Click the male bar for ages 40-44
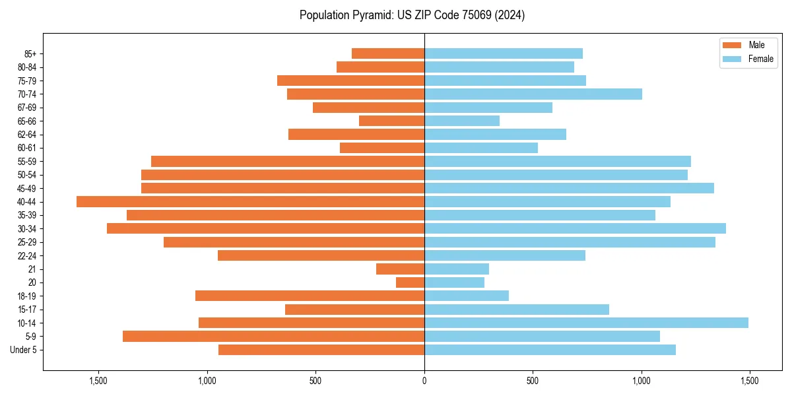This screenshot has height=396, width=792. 250,202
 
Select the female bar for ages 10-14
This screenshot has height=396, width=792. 586,323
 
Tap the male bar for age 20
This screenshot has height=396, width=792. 410,282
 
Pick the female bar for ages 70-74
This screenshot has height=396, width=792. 533,94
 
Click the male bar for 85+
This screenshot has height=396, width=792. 388,53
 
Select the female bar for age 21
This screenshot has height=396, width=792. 457,269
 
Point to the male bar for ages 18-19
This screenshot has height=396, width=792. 310,296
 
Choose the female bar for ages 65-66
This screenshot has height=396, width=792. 462,121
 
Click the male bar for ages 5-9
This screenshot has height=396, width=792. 273,337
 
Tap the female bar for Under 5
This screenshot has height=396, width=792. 550,350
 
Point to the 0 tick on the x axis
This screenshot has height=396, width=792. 424,381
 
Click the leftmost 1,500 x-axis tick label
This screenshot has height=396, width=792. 98,381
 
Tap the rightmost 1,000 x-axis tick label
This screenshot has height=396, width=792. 642,381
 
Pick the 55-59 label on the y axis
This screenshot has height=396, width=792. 27,162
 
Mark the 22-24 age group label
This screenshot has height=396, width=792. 27,256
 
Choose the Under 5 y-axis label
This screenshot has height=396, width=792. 24,350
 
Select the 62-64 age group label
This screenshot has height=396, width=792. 27,135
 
